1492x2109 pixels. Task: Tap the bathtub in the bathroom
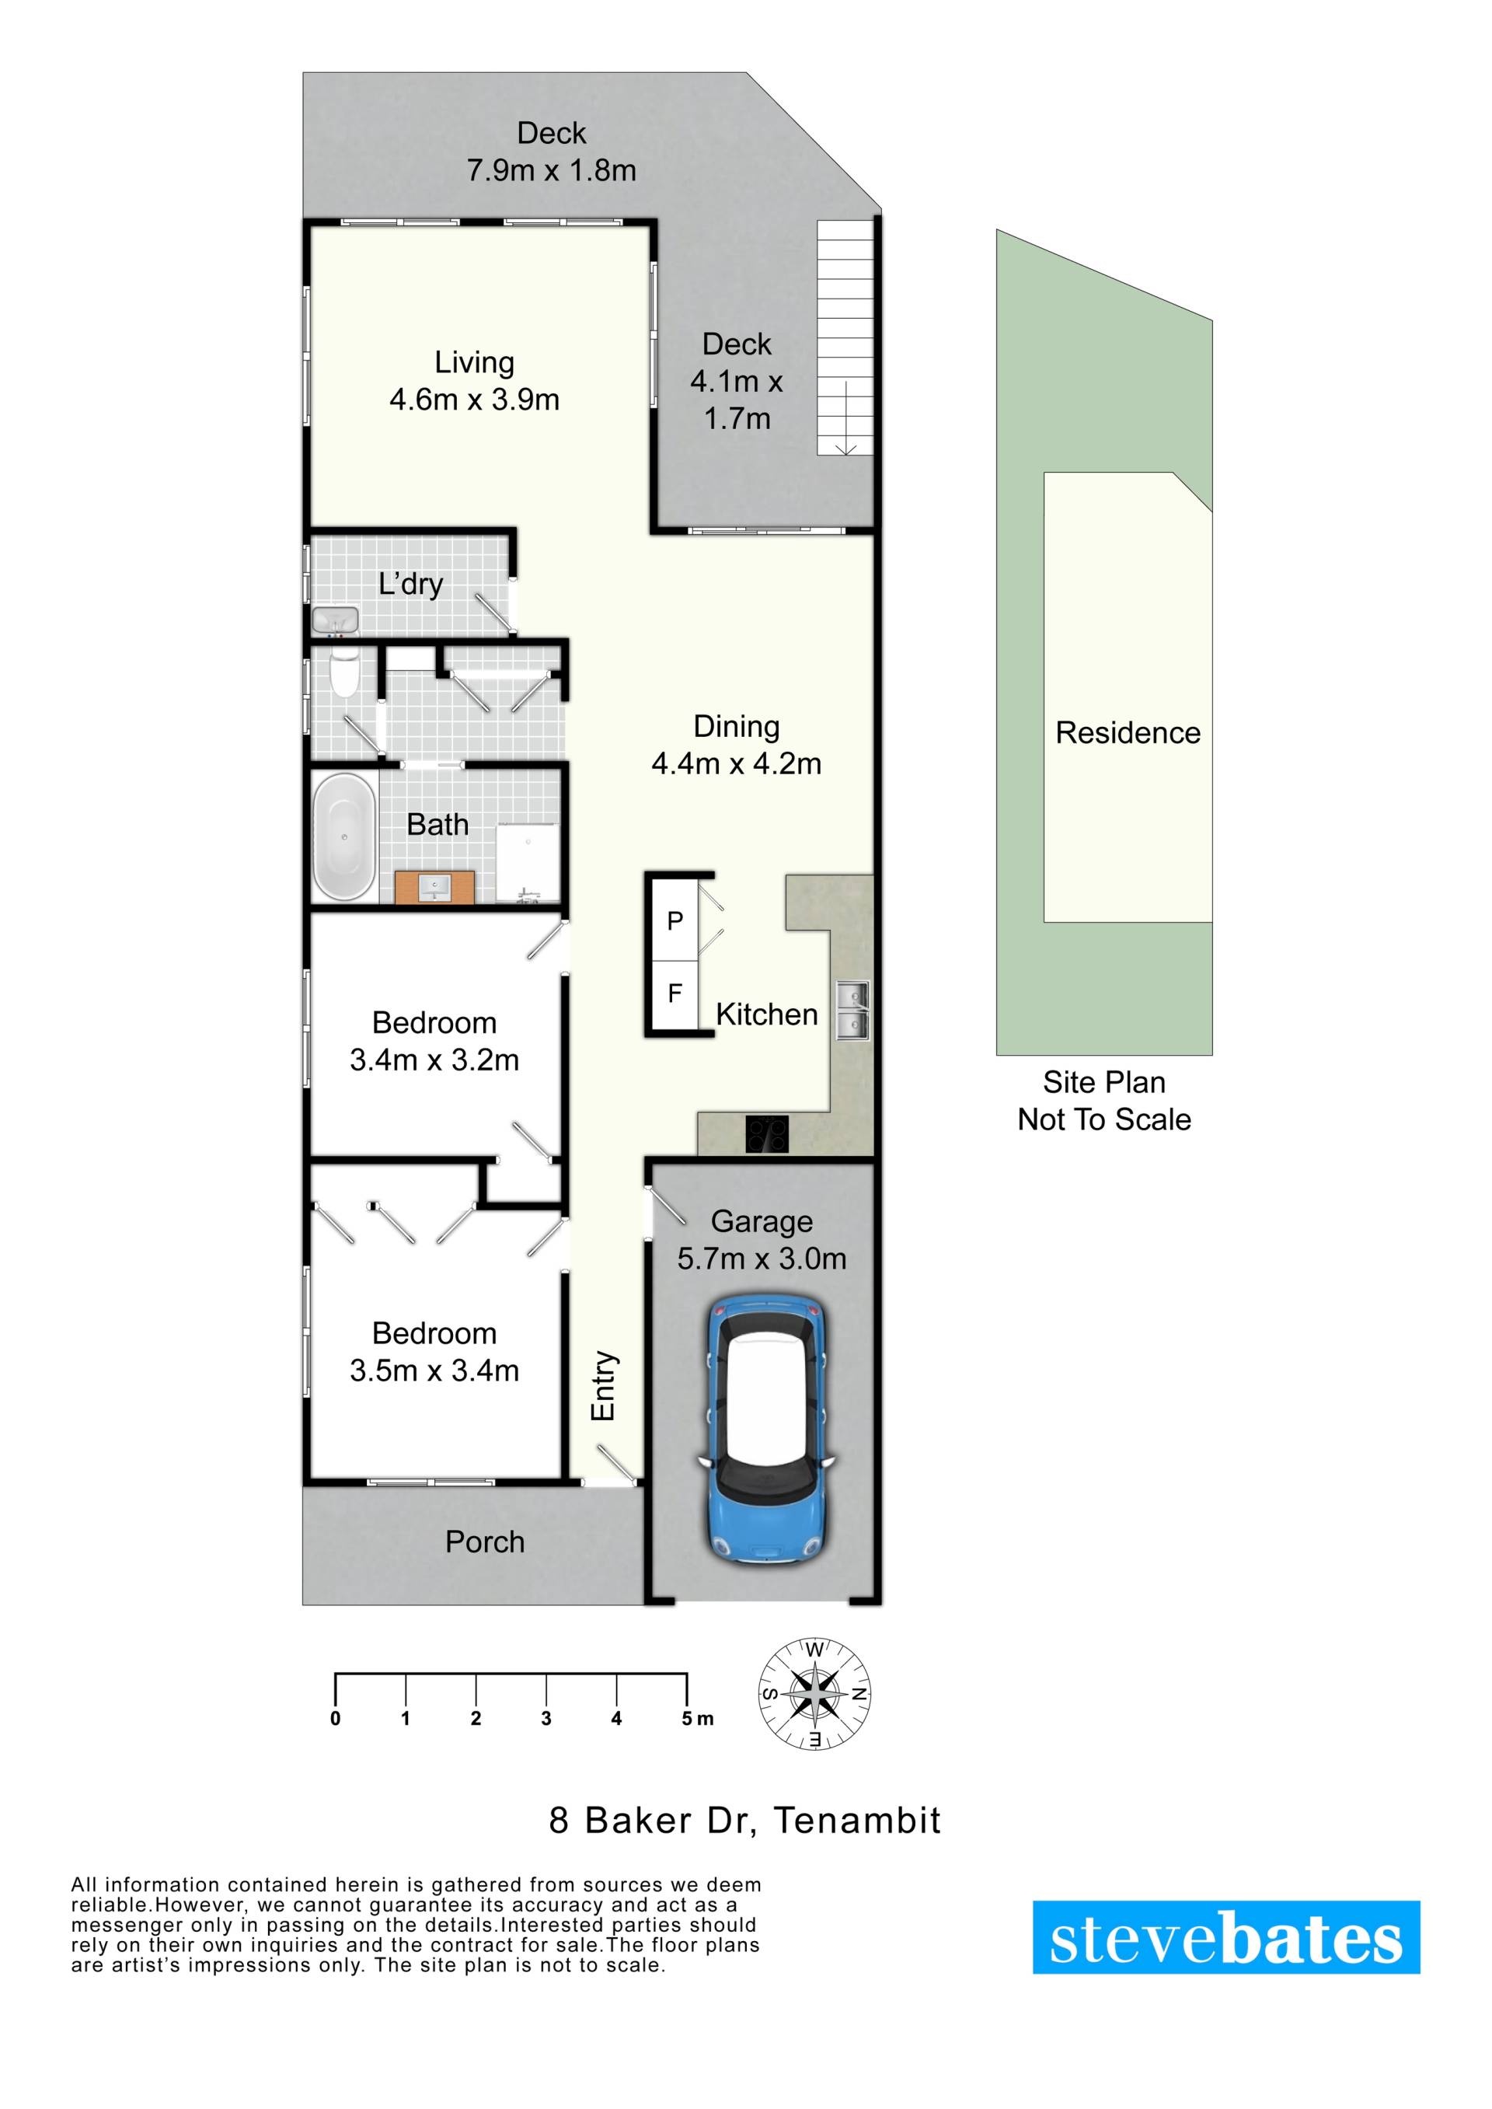(344, 836)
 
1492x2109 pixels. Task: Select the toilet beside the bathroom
(344, 674)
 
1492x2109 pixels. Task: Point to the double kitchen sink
(852, 1011)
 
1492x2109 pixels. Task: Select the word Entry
(603, 1386)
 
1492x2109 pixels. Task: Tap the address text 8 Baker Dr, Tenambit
(745, 1821)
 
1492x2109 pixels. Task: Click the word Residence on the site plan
(1128, 732)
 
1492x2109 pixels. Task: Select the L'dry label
(410, 584)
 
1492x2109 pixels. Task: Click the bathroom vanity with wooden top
(434, 888)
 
